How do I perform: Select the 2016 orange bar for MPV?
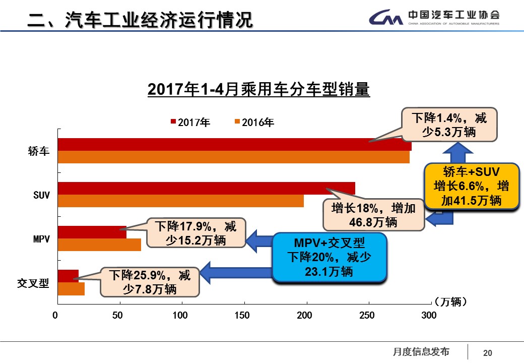(x=99, y=245)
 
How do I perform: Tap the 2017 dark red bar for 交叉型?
(x=68, y=276)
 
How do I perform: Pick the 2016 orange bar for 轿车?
(x=233, y=157)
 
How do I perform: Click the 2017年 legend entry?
(x=190, y=122)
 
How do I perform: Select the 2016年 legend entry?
(x=254, y=122)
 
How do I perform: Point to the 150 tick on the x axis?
(x=244, y=315)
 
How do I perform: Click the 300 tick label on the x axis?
(x=428, y=315)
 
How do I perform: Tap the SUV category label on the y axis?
(x=42, y=195)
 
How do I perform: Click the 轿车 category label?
(x=39, y=151)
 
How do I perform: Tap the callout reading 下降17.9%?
(x=195, y=232)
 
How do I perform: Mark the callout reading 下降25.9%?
(x=150, y=282)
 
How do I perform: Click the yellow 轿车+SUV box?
(x=472, y=186)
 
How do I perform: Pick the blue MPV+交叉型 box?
(x=329, y=257)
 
